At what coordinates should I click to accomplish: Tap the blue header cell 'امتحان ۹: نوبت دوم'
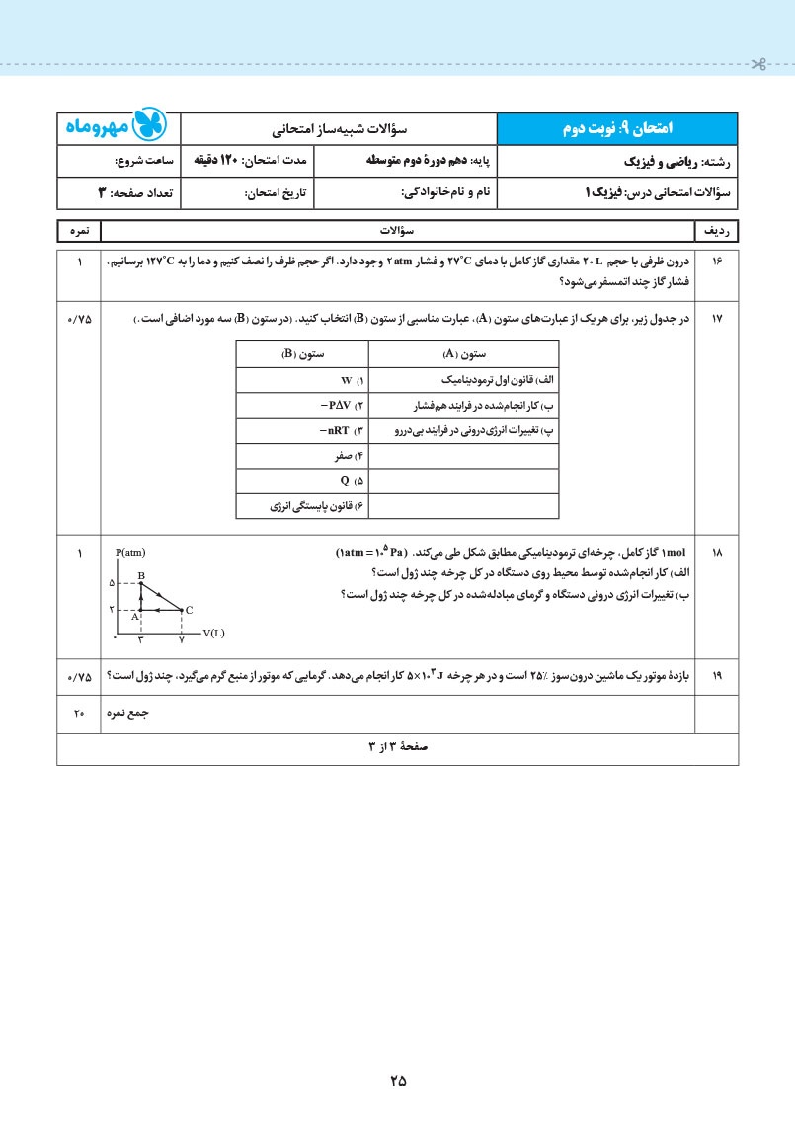615,128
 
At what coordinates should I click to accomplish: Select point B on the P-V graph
141,584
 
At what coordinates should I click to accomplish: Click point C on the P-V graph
182,610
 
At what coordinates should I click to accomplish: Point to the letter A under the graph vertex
134,617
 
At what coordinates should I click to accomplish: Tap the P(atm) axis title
130,553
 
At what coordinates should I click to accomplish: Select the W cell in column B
347,380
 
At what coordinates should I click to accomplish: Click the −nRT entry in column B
342,431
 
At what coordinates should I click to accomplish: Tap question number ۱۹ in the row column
717,676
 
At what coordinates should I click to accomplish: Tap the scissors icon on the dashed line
757,66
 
